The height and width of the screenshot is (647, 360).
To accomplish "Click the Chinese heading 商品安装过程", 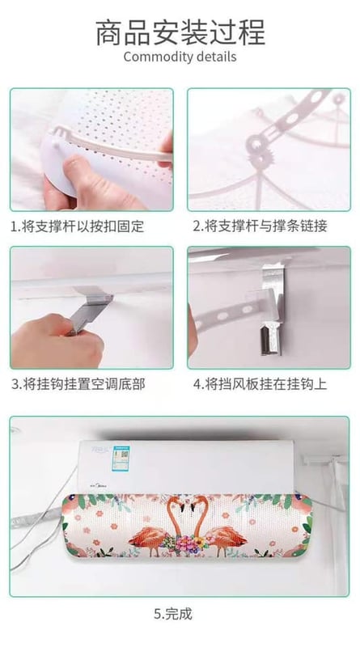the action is coord(180,32).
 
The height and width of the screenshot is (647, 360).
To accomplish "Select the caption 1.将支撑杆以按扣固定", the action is coord(78,226).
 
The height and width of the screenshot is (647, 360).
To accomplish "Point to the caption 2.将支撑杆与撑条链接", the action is coord(260,226).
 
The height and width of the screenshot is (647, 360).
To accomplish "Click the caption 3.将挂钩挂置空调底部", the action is coord(78,384).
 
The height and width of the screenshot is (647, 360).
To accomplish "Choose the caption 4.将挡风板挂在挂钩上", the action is coord(260,384).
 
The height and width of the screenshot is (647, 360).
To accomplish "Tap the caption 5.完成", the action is coord(173,614).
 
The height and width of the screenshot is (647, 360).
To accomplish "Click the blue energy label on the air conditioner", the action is coord(122,457).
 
